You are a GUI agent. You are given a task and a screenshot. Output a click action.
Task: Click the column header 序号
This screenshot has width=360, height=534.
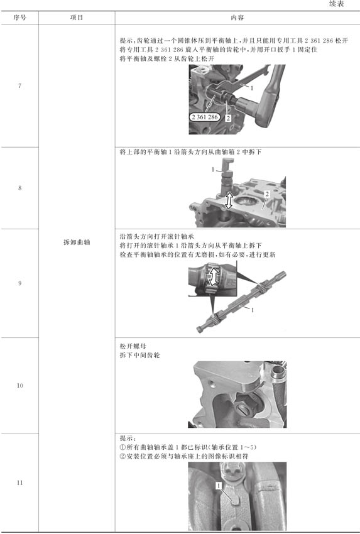tap(19, 18)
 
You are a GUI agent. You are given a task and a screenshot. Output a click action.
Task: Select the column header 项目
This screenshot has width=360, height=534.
tap(77, 18)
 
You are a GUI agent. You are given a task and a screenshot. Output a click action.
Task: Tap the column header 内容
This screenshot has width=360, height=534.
tap(237, 18)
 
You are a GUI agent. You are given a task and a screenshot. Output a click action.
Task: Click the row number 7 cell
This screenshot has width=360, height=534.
tap(19, 86)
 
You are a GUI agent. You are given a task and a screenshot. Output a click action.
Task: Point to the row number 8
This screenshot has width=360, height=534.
tap(19, 188)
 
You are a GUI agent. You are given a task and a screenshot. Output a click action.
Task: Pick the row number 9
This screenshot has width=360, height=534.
tap(19, 283)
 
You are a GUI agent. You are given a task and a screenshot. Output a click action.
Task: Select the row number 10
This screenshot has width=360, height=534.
tap(19, 385)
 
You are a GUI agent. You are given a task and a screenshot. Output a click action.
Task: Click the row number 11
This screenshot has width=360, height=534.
tap(19, 482)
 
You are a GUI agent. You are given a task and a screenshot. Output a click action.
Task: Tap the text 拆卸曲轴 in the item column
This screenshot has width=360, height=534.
tap(77, 242)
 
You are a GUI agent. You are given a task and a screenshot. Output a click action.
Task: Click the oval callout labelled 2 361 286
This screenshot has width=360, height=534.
tap(204, 117)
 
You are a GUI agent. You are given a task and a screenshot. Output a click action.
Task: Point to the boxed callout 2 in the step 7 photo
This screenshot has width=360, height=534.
tap(228, 118)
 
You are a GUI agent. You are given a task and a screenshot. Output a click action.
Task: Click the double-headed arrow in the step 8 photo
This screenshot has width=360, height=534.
tap(229, 200)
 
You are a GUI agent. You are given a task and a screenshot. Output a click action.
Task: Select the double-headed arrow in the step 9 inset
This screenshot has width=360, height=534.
tap(214, 276)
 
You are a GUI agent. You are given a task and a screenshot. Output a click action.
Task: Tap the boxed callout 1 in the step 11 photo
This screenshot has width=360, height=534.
tap(219, 485)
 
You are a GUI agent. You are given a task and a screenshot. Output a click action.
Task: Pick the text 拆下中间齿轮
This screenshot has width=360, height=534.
tap(139, 355)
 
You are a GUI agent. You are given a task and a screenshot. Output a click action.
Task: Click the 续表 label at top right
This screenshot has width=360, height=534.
tap(337, 4)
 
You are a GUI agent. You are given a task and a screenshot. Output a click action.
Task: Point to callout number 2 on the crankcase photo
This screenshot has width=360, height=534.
tap(267, 193)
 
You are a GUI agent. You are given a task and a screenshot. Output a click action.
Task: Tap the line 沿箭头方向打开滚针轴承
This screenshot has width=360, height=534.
tap(157, 236)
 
